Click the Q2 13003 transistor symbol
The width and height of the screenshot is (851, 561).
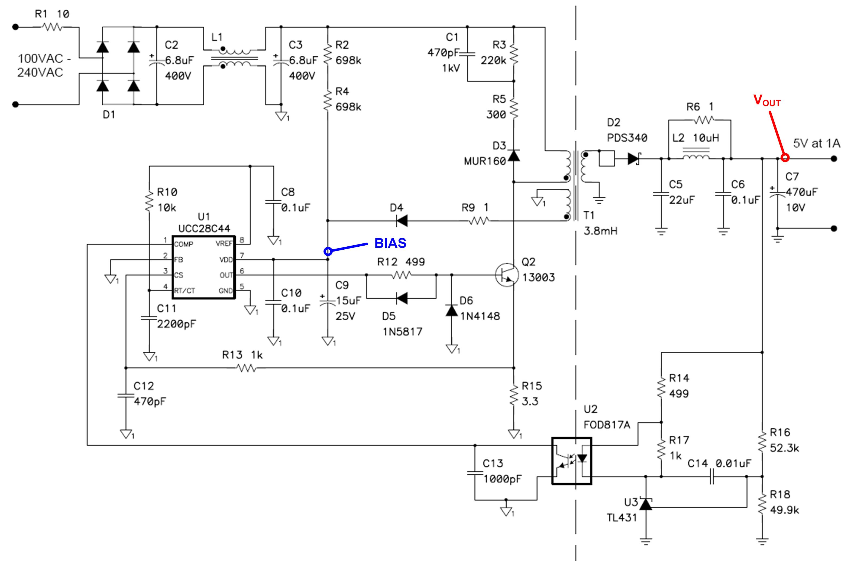tap(507, 275)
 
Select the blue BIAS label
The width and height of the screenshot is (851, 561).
tap(390, 243)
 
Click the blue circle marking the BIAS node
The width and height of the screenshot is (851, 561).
tap(328, 252)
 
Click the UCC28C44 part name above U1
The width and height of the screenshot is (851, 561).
tap(204, 229)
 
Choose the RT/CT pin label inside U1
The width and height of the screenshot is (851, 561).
tap(185, 291)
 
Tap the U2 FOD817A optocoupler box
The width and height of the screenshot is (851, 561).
tap(571, 461)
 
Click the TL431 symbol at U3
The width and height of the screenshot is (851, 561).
tap(646, 504)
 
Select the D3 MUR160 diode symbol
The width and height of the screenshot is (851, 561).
tap(514, 156)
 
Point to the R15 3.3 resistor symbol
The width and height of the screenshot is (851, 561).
tap(514, 395)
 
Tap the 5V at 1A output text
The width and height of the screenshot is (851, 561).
tap(816, 143)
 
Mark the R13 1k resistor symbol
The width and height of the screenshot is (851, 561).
tap(246, 368)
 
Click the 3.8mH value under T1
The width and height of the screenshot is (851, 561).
tap(600, 231)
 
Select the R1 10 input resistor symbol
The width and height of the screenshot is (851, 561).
tap(52, 27)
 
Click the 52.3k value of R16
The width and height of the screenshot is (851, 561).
tap(784, 448)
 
